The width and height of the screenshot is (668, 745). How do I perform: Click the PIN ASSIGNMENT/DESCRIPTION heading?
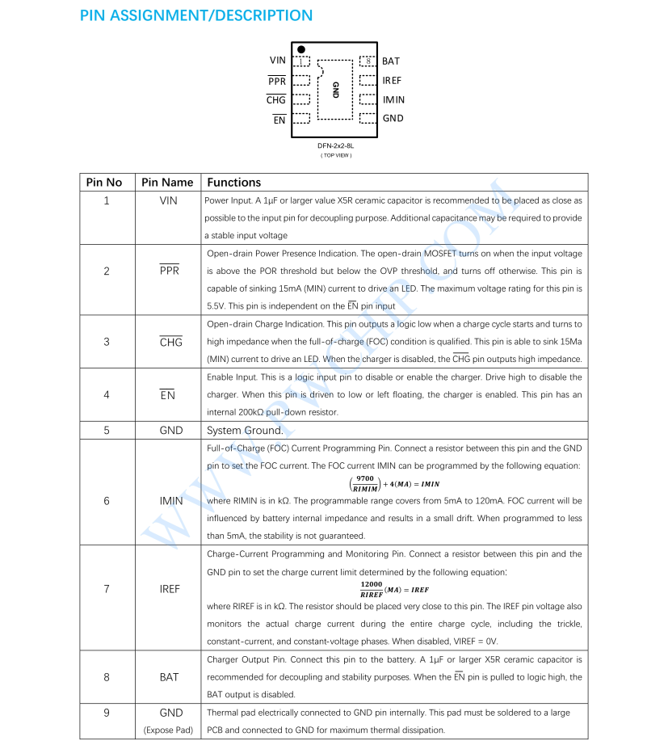point(196,15)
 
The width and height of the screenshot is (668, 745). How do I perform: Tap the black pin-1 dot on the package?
point(301,48)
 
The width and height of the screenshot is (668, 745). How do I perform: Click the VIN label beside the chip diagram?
point(277,61)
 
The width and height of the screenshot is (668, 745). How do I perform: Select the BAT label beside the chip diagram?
point(391,61)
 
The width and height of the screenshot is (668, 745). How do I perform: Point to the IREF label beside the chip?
point(392,80)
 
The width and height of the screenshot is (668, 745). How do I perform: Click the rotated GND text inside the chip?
point(335,90)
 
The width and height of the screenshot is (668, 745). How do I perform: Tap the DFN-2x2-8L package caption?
point(335,146)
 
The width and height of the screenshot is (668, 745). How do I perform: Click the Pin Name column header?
point(167,183)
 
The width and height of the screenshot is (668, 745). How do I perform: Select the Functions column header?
point(234,183)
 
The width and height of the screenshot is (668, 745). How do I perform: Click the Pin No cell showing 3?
point(107,342)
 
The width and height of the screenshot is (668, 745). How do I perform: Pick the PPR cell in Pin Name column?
point(170,271)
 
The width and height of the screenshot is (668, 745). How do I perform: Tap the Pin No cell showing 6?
point(107,501)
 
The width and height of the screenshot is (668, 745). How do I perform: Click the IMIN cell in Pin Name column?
point(171,501)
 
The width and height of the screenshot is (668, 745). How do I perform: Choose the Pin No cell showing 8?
point(107,677)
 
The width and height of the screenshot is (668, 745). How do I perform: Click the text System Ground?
point(245,431)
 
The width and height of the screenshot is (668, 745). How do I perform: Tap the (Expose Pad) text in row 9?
point(169,730)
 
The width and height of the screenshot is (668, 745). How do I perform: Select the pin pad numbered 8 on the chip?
point(368,61)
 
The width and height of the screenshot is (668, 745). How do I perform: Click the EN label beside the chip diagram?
point(279,120)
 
